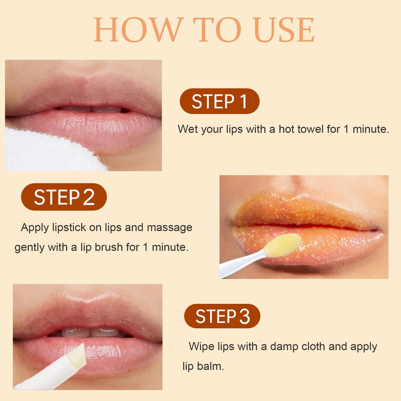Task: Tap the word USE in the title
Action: (x=284, y=30)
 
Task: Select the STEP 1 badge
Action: (x=220, y=101)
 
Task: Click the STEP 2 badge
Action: (x=64, y=197)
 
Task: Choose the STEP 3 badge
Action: (x=222, y=316)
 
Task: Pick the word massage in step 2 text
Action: (x=169, y=228)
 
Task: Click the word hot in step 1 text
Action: (x=287, y=129)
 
